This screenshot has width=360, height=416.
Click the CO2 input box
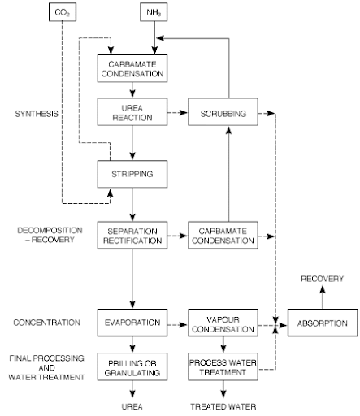pos(63,12)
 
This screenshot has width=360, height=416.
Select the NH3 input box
pos(154,12)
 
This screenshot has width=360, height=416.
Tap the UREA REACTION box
pos(132,112)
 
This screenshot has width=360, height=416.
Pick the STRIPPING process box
pos(132,174)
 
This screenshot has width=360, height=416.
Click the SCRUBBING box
pos(223,112)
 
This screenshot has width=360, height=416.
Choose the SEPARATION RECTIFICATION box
pos(132,235)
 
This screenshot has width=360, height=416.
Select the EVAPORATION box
pos(132,323)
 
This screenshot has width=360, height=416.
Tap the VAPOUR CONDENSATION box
pos(223,323)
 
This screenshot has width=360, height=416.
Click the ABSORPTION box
pos(323,323)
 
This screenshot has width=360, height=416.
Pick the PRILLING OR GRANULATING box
pos(132,366)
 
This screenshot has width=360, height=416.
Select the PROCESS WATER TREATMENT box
pos(223,366)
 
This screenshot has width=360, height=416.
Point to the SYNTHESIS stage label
pos(37,114)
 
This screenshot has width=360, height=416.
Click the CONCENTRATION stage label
pos(47,323)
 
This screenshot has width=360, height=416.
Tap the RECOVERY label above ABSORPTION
pos(323,279)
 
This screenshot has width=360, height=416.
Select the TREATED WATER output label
pos(223,406)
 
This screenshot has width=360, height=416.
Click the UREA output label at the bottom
pos(132,406)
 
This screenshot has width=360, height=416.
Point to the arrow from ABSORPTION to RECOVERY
pos(323,297)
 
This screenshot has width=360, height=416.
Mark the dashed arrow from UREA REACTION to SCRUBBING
pos(178,112)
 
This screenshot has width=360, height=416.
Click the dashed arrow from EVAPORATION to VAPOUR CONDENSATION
pos(178,324)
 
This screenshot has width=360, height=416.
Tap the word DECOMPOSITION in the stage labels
pos(50,231)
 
